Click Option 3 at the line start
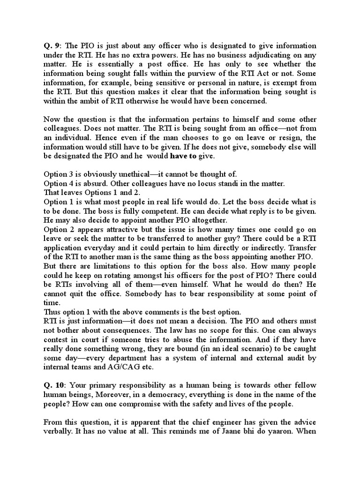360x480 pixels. [x=60, y=174]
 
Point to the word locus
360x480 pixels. [x=211, y=183]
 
